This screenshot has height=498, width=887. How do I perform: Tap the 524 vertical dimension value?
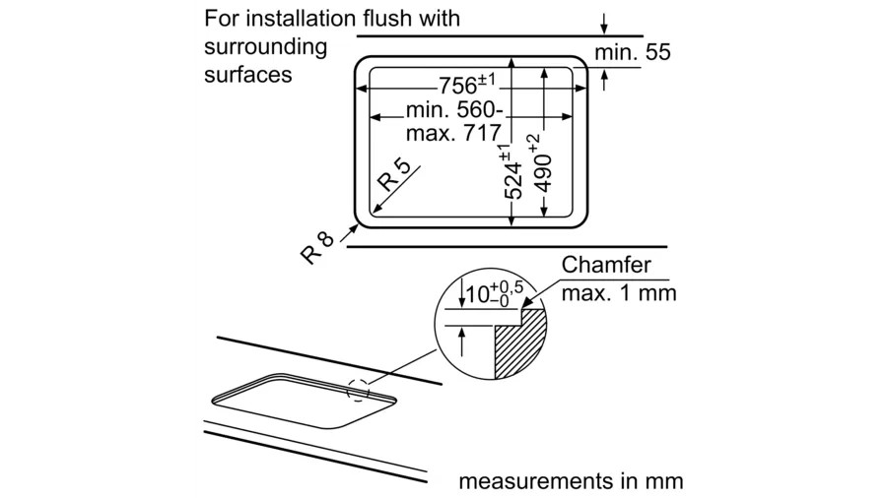(512, 175)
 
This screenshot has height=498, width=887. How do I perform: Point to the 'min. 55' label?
(633, 52)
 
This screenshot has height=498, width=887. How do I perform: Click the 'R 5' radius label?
(394, 178)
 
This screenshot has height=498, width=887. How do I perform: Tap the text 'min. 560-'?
(454, 109)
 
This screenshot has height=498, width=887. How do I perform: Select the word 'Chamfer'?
(606, 265)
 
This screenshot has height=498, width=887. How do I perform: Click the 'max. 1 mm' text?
(619, 293)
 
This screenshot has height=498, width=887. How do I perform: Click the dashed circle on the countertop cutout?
(359, 388)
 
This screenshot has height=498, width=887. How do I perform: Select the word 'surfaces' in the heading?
(248, 74)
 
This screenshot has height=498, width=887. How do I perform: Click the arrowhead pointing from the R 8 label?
(352, 228)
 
